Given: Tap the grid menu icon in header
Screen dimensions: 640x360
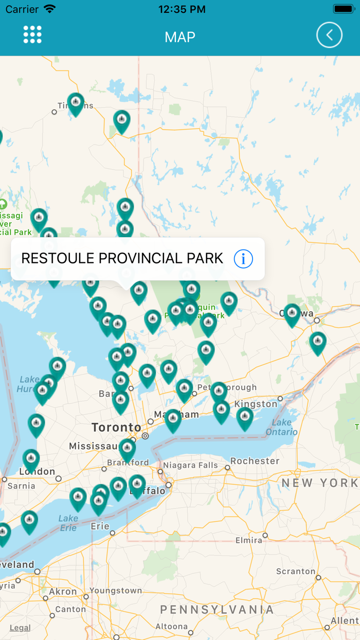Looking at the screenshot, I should tap(32, 34).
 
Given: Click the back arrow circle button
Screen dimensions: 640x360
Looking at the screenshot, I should tap(329, 35).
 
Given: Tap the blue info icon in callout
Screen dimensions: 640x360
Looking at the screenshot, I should tap(243, 259).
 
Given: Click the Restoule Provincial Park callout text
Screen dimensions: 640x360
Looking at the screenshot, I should tap(122, 258).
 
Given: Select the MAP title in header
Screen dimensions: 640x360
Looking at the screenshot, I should tap(180, 37).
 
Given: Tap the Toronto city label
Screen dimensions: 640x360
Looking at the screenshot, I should tap(116, 428).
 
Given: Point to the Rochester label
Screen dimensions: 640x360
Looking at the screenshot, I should tap(255, 461).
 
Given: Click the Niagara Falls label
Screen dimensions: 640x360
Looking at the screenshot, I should tap(190, 465).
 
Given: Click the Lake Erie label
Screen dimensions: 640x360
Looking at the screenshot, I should tap(68, 523).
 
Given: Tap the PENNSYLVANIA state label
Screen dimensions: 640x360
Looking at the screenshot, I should tap(217, 610).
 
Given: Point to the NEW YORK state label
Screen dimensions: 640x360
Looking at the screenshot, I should tap(319, 483).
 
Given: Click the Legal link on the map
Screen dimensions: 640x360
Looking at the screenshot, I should tap(20, 628).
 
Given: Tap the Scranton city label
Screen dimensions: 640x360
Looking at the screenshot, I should tap(296, 572).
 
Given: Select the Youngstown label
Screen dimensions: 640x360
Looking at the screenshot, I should tap(116, 591).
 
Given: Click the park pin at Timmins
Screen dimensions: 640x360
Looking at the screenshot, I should tap(76, 103).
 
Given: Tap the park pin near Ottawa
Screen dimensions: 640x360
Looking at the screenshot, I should tap(292, 314).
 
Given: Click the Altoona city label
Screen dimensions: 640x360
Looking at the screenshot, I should tap(172, 626).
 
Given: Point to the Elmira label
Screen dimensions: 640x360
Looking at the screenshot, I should tap(249, 541).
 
